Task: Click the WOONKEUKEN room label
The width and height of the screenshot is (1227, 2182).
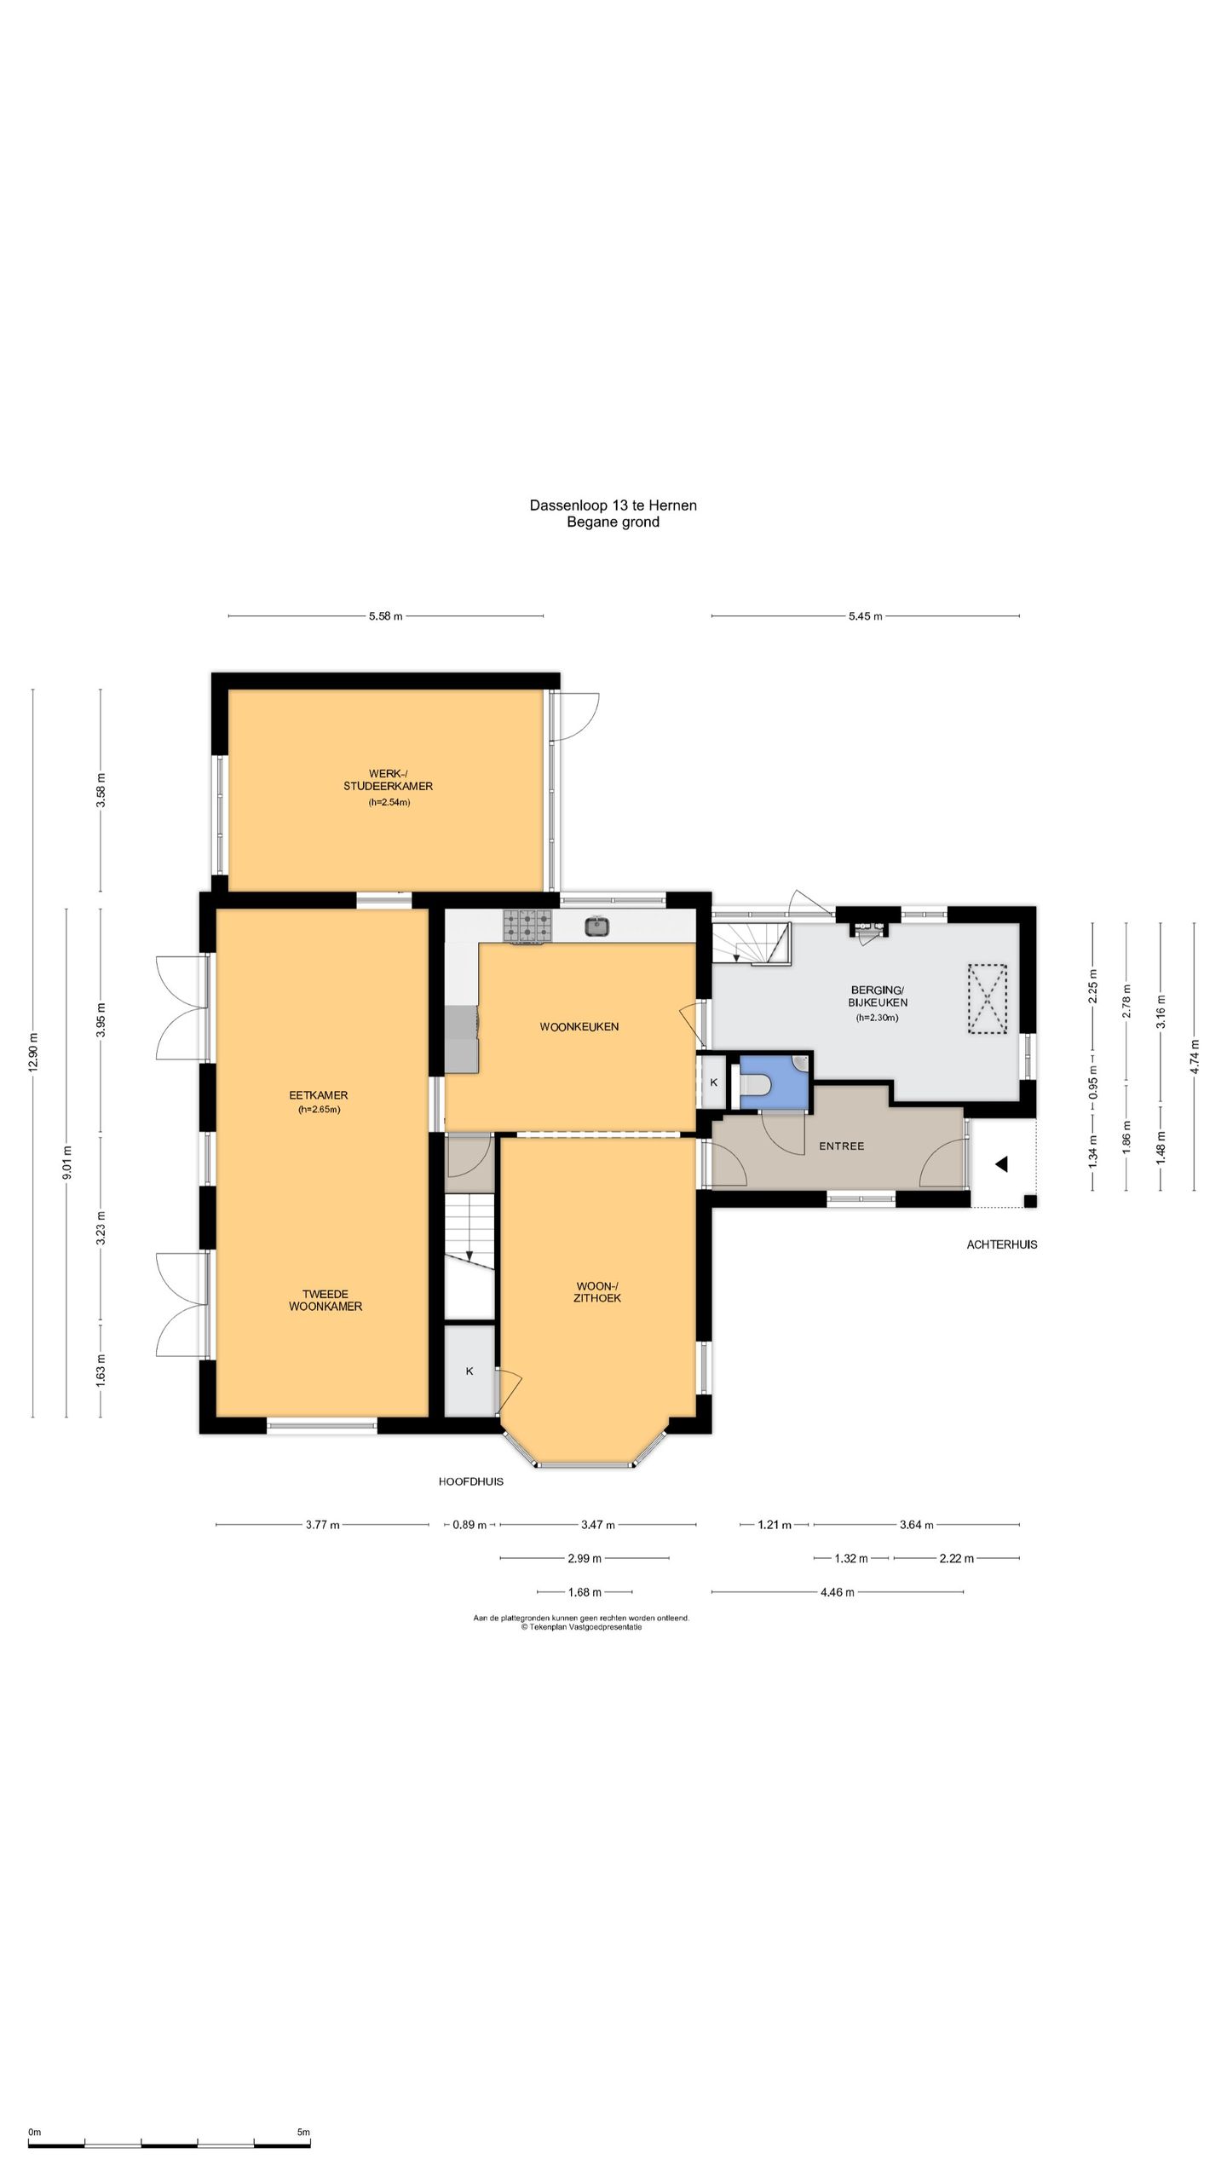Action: click(x=579, y=1027)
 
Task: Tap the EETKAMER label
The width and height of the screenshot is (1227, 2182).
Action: click(x=318, y=1095)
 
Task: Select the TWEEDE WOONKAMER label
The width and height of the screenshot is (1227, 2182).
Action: click(x=325, y=1300)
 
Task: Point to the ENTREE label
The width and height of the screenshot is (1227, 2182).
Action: click(x=841, y=1146)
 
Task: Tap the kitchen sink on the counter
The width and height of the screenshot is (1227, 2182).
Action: click(x=597, y=925)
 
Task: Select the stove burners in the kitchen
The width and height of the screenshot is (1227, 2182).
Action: click(x=527, y=926)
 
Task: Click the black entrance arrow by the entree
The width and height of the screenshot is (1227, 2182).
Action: click(x=1001, y=1163)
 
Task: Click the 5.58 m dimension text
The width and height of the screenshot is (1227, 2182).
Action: click(x=385, y=616)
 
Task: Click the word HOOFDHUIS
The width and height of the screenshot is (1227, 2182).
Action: click(x=470, y=1481)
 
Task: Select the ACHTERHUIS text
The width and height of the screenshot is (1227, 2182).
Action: click(x=1001, y=1244)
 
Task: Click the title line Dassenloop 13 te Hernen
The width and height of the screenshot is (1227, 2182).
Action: click(x=613, y=505)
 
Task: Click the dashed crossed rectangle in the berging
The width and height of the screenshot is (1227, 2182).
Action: click(x=988, y=999)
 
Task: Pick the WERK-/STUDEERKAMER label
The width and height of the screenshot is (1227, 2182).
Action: click(x=388, y=780)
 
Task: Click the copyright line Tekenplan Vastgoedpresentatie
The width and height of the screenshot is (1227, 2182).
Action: click(x=581, y=1626)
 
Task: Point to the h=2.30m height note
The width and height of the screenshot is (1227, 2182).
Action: click(x=878, y=1018)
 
